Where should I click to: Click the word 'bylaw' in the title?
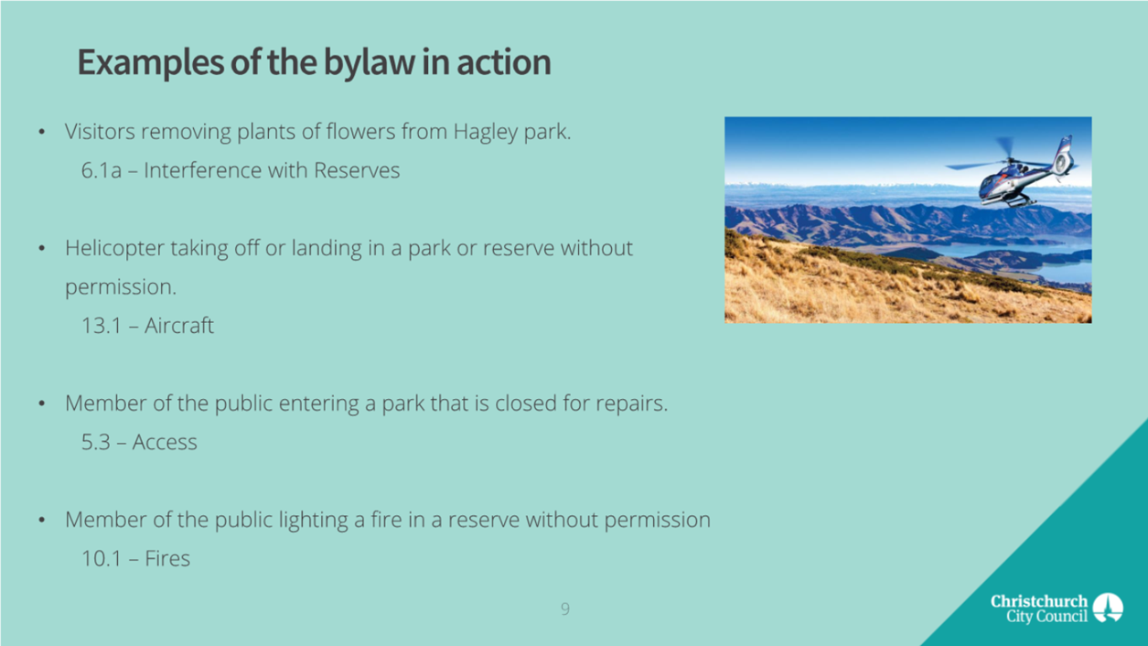pyautogui.click(x=369, y=63)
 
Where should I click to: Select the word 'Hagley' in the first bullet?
pyautogui.click(x=486, y=133)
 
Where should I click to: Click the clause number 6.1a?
pyautogui.click(x=101, y=171)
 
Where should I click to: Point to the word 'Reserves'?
pyautogui.click(x=356, y=171)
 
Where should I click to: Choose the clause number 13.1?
pyautogui.click(x=101, y=326)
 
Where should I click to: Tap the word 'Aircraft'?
pyautogui.click(x=179, y=326)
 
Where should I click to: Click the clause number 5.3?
pyautogui.click(x=96, y=443)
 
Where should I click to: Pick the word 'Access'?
pyautogui.click(x=165, y=443)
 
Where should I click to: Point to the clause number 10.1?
pyautogui.click(x=101, y=559)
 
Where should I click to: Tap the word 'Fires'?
pyautogui.click(x=167, y=558)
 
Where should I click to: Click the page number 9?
pyautogui.click(x=564, y=609)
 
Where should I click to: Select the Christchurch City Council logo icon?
pyautogui.click(x=1108, y=608)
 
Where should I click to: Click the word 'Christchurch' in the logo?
pyautogui.click(x=1039, y=601)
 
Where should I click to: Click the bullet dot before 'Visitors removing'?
pyautogui.click(x=42, y=133)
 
